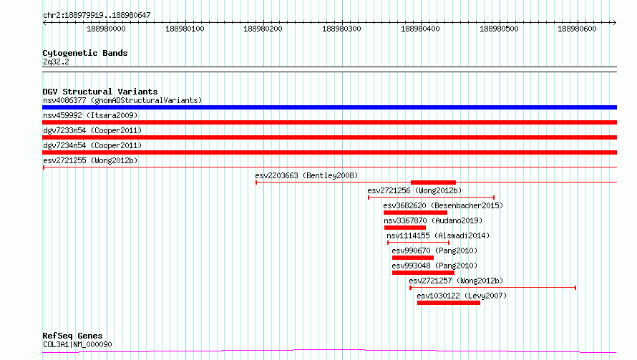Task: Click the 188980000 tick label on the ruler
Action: click(106, 29)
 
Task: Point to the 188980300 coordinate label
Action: click(341, 29)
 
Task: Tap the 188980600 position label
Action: click(578, 29)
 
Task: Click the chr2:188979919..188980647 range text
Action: click(97, 16)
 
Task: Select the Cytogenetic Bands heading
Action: click(85, 53)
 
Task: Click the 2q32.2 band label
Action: click(56, 62)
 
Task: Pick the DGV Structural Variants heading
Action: click(100, 92)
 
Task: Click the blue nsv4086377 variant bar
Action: click(329, 107)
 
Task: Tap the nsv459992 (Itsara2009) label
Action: click(90, 115)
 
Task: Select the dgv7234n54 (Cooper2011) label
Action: click(92, 145)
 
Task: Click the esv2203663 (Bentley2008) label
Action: click(306, 175)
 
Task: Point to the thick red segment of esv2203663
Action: click(434, 183)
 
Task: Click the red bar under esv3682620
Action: click(415, 213)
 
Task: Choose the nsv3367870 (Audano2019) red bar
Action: click(405, 228)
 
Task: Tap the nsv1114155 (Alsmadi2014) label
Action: click(438, 235)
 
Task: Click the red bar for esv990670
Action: click(413, 258)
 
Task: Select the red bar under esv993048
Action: click(423, 273)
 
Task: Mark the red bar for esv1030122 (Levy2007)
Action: click(449, 303)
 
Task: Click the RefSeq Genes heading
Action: click(72, 336)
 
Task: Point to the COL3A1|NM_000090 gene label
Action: click(77, 344)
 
